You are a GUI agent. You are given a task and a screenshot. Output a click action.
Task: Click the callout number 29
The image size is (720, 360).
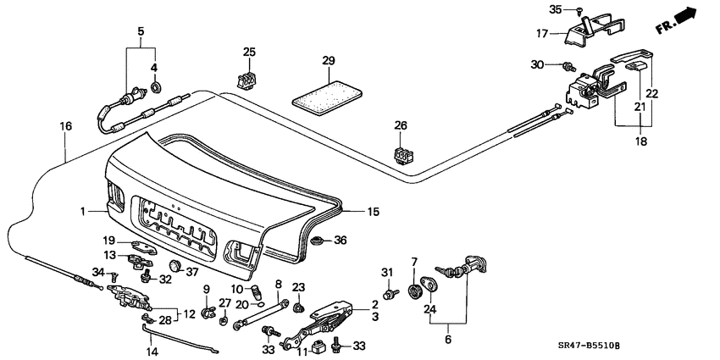click(329, 61)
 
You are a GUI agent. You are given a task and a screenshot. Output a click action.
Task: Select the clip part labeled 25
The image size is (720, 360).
click(246, 79)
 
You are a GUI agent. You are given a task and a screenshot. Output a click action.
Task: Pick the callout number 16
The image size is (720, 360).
click(65, 126)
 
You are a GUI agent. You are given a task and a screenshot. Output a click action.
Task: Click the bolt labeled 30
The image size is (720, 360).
click(568, 65)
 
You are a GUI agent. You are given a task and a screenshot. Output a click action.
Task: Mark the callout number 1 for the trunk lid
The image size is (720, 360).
click(83, 210)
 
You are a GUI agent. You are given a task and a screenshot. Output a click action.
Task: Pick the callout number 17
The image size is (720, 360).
click(541, 35)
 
